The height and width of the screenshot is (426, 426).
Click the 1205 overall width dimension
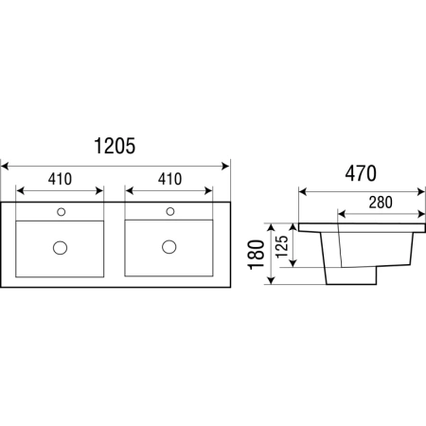tap(115, 146)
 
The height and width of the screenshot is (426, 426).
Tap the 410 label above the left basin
tap(60, 179)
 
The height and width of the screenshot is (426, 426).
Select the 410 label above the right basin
tap(169, 179)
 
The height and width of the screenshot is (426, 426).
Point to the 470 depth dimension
tap(361, 173)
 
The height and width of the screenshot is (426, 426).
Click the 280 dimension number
tap(381, 203)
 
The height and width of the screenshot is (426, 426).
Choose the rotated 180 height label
tap(257, 255)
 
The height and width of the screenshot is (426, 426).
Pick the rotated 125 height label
tap(282, 247)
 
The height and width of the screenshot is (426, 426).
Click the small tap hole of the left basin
tap(62, 212)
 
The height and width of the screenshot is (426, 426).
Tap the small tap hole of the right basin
tap(170, 211)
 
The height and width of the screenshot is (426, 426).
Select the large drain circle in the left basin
tap(60, 248)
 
